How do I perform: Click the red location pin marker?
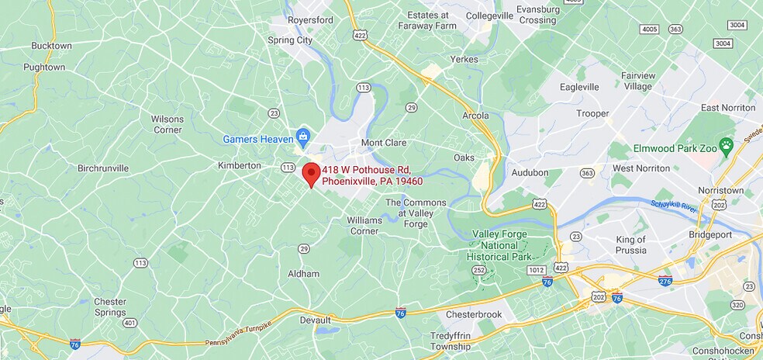point(311,174)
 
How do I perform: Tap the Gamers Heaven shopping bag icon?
point(303,139)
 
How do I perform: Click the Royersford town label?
point(310,20)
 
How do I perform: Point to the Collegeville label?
point(489,16)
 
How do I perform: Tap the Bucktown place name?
point(51,46)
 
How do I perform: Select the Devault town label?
point(316,320)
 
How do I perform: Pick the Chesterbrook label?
point(474,314)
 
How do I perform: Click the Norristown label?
point(720,190)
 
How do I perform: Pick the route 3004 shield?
point(723,43)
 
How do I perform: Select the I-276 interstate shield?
point(665,281)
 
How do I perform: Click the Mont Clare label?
point(384,143)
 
